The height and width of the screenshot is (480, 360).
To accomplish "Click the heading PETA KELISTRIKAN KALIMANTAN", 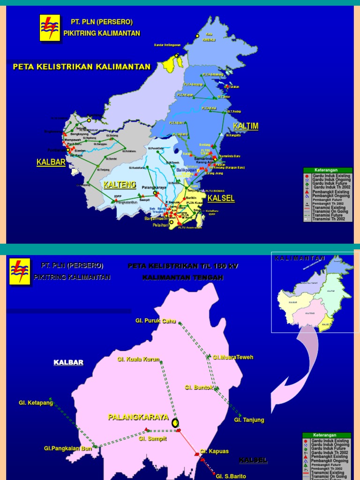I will coord(82,67).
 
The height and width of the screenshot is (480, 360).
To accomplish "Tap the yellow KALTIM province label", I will coord(246,127).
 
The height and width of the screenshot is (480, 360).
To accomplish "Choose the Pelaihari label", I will coord(160,225).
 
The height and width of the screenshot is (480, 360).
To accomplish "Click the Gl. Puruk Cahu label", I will coord(155,321).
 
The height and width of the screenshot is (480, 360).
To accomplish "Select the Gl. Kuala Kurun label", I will coord(138,360).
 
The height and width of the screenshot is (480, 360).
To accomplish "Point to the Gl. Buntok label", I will coord(199,388).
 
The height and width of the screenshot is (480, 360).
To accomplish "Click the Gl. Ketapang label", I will coord(36,403).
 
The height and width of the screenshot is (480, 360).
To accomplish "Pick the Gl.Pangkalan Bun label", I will coord(68,449).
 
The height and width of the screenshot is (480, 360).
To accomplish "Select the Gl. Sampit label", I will coord(153,439).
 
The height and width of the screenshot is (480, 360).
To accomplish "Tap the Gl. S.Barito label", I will coord(231,476).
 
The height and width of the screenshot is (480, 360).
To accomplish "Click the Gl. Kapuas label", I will coord(214,451).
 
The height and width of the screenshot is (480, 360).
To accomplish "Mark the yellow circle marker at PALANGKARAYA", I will coord(175,423).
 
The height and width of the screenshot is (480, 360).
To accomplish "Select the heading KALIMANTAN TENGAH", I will coord(183,277).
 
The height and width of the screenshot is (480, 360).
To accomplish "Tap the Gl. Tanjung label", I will coord(249,420).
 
